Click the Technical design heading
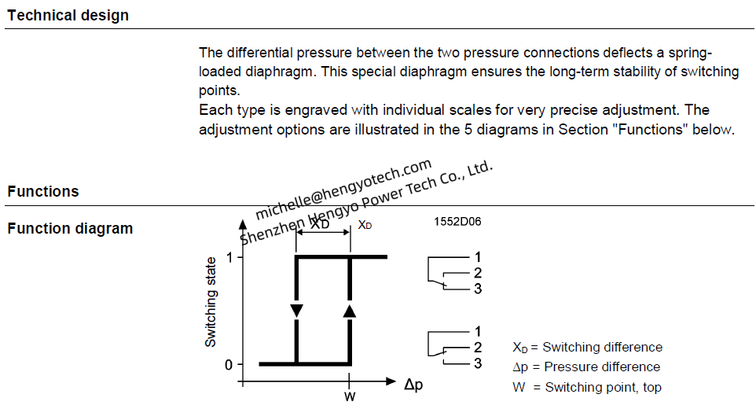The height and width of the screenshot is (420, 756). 68,16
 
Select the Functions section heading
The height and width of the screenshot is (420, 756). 43,191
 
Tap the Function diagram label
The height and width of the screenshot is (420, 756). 70,228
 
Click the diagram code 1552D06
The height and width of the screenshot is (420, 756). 457,222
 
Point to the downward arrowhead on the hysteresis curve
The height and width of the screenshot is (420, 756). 296,311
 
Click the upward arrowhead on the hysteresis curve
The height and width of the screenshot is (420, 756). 350,311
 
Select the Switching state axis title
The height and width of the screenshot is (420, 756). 211,302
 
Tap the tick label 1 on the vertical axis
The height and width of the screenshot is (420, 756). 229,257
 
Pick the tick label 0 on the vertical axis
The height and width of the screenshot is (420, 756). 229,365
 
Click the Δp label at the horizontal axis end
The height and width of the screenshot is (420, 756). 413,385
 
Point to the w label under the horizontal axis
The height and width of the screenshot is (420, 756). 350,397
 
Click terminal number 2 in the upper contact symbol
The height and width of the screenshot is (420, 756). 477,273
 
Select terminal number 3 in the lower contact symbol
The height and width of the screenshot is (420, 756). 477,363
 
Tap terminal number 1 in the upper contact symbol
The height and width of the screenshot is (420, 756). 477,257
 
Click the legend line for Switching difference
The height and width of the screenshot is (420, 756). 587,347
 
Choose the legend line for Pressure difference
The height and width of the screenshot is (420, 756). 586,367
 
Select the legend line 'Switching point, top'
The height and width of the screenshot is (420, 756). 587,387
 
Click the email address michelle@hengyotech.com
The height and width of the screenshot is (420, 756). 343,189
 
